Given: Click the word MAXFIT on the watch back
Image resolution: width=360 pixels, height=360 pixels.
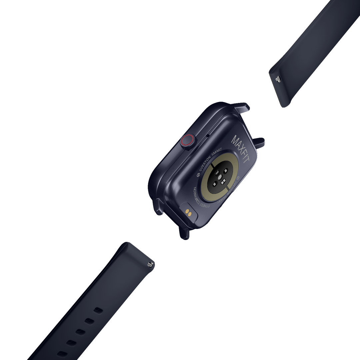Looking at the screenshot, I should click(241, 149).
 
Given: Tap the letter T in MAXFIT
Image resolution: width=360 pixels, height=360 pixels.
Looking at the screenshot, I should click(247, 160).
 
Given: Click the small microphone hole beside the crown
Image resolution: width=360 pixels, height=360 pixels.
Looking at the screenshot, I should click(208, 136).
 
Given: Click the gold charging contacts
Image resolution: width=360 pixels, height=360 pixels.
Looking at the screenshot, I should click(189, 213).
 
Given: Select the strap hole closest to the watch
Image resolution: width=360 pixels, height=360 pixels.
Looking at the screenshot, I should click(98, 310).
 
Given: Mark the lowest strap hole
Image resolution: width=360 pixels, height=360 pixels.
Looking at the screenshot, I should click(61, 353).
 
